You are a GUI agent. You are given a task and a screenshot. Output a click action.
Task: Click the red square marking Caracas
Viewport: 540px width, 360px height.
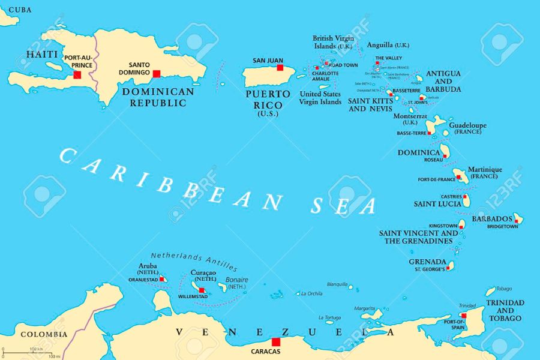coord(275,342)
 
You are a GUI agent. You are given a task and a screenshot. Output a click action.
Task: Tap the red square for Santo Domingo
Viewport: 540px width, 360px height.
coord(157,74)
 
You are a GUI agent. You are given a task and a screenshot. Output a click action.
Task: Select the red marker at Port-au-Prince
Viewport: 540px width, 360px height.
coord(77,74)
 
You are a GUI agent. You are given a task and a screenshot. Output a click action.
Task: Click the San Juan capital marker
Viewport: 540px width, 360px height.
coord(280,68)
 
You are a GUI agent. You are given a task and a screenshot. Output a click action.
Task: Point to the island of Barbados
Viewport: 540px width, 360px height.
coord(517,220)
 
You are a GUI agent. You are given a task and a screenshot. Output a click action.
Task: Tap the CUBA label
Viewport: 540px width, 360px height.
coord(16,10)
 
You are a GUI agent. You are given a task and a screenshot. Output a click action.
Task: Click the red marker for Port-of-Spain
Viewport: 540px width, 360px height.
coord(464,315)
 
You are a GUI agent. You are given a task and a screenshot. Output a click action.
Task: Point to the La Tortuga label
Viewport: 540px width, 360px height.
coord(329,317)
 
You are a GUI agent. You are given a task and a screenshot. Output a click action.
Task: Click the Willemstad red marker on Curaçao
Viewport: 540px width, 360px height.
coord(202,290)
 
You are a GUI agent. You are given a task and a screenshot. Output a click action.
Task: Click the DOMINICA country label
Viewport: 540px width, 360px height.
coord(419,152)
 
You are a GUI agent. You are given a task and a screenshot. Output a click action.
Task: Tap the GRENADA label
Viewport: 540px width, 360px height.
coord(427,262)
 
